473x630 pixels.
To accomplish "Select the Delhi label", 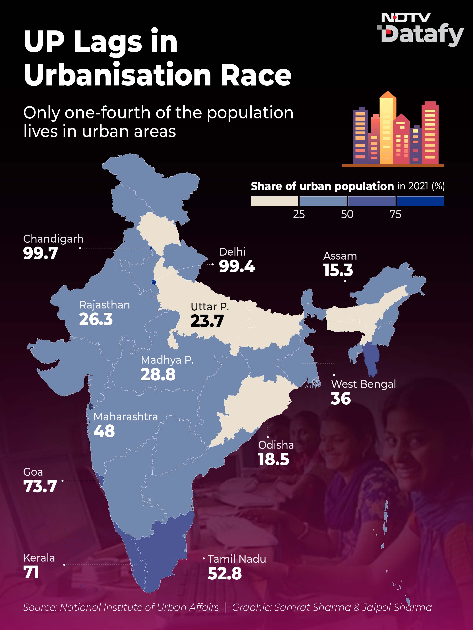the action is tap(232, 252).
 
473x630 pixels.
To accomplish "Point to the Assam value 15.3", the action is tap(338, 270).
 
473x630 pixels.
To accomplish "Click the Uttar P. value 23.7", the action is tap(207, 321).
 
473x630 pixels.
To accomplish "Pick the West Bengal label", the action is tap(363, 384).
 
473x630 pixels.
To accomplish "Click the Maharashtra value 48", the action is tap(104, 431).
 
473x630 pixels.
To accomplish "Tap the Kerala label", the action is tap(39, 558).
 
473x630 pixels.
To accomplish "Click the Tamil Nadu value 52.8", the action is tap(225, 573).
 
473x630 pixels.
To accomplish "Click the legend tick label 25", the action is tap(299, 214).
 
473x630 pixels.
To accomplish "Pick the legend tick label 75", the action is tap(395, 214).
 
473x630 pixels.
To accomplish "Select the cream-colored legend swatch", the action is tap(274, 201).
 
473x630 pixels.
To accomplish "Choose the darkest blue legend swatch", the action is tap(420, 201).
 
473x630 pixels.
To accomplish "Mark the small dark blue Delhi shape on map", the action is tap(154, 282).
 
